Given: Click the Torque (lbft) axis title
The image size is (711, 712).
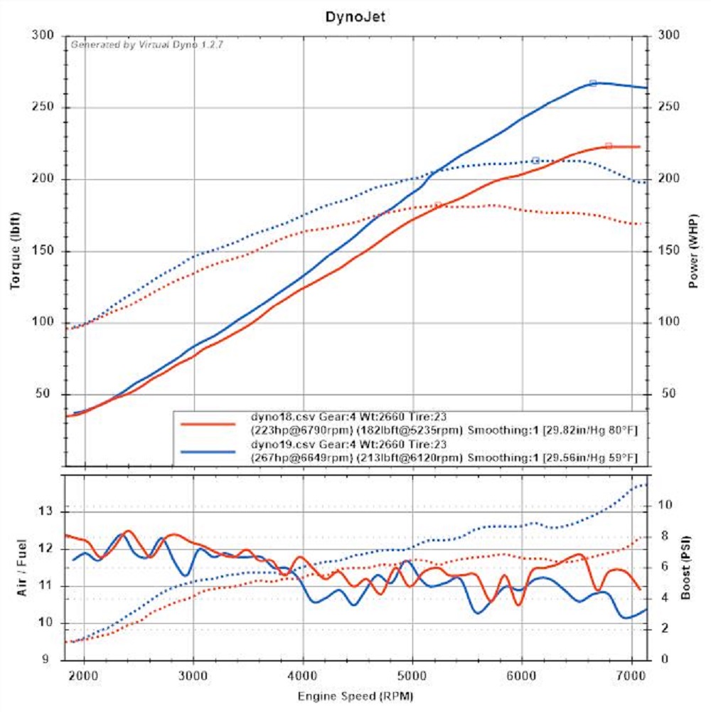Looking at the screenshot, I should (15, 250).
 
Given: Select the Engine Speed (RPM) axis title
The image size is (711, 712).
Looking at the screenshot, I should (355, 695).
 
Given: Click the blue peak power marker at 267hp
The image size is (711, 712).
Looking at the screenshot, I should (593, 83).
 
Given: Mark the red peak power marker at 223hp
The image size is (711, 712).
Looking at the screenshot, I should (609, 146).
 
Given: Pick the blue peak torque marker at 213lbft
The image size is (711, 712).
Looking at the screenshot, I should (535, 160).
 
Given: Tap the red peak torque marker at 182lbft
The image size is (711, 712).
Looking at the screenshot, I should (438, 205).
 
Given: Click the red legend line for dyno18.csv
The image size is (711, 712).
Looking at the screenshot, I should (207, 423).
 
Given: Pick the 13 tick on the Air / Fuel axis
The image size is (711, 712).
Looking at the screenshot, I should (47, 511).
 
